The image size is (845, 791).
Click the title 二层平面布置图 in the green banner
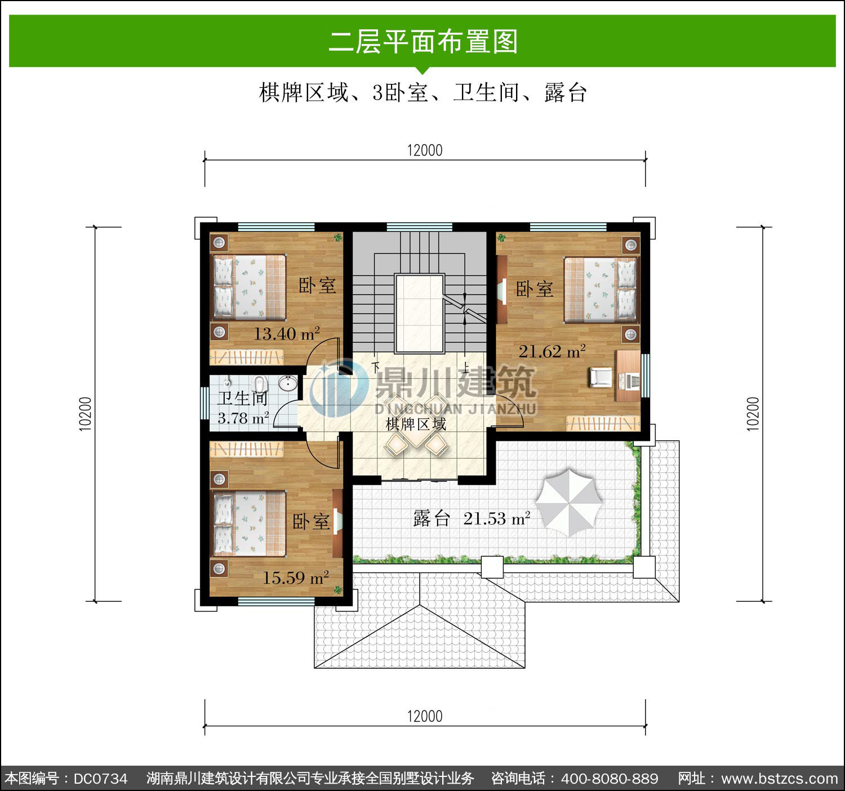[x=424, y=41]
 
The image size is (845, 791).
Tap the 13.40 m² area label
[x=287, y=334]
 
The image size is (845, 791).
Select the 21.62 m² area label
[x=552, y=351]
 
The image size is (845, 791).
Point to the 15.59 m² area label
[x=296, y=578]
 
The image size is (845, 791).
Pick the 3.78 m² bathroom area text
[x=243, y=418]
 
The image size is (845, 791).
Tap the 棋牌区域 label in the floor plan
[x=416, y=424]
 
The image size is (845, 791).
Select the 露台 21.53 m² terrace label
[x=472, y=519]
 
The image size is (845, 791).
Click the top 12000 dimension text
[x=425, y=150]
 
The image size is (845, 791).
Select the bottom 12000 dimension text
[x=425, y=717]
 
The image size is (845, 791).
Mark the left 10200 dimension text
[x=86, y=414]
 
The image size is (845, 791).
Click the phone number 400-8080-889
[x=610, y=779]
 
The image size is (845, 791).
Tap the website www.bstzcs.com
[x=780, y=779]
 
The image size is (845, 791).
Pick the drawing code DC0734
[x=100, y=779]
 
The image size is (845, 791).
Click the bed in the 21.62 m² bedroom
[x=601, y=289]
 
